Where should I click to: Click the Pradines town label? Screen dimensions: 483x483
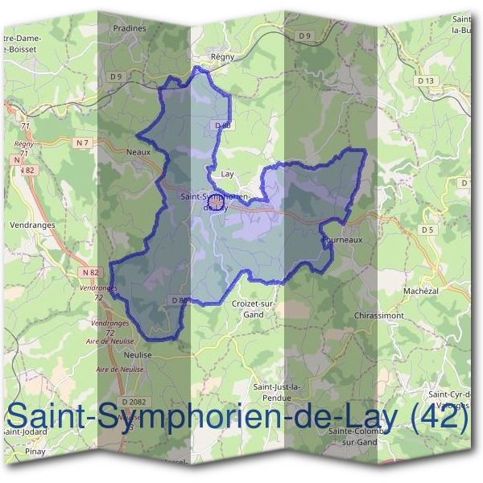point(130,28)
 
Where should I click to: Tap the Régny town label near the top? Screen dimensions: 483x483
point(221,57)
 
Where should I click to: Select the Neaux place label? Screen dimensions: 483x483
point(139,151)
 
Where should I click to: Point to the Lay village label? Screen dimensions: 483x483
point(227,173)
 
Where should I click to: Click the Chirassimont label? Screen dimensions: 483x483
point(378,316)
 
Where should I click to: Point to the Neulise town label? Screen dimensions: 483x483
point(138,354)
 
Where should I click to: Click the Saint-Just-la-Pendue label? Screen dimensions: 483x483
point(277,392)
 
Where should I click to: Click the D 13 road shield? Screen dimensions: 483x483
point(426,80)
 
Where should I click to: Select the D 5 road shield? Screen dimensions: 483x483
point(427,229)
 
